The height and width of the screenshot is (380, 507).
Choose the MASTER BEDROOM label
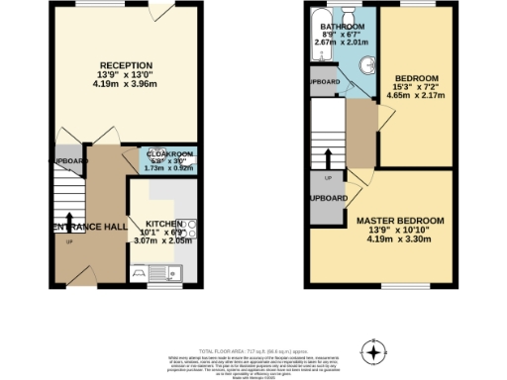pos(401,220)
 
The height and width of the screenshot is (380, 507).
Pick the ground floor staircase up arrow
pos(69,221)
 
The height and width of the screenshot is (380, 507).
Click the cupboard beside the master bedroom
pos(328,198)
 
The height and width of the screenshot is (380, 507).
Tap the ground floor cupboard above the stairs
pos(67,160)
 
